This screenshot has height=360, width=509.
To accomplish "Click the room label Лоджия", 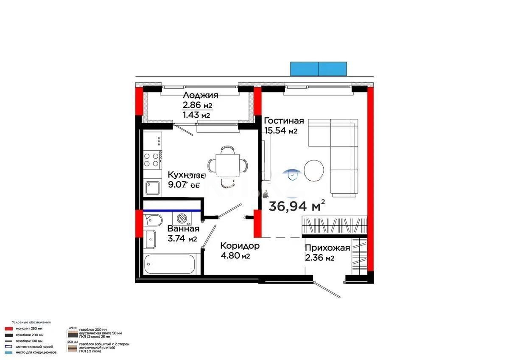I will tap(200, 95).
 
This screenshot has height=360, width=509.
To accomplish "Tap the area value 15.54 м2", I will tap(280, 131).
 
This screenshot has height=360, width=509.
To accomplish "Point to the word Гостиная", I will tap(283, 121).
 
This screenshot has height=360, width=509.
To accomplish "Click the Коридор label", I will tap(240, 246).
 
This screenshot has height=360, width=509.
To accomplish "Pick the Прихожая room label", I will tap(327, 248).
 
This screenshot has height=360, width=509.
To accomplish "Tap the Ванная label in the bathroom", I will tap(183, 229).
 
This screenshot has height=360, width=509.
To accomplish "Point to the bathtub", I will tap(169, 264).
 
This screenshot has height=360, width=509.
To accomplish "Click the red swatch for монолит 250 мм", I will tap(8, 329).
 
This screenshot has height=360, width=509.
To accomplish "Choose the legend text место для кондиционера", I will tap(36, 352).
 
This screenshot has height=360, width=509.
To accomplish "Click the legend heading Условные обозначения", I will tap(31, 323).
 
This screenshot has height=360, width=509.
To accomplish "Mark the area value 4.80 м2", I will tap(234, 256).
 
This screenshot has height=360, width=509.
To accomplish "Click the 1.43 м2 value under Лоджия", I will tap(196, 115).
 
